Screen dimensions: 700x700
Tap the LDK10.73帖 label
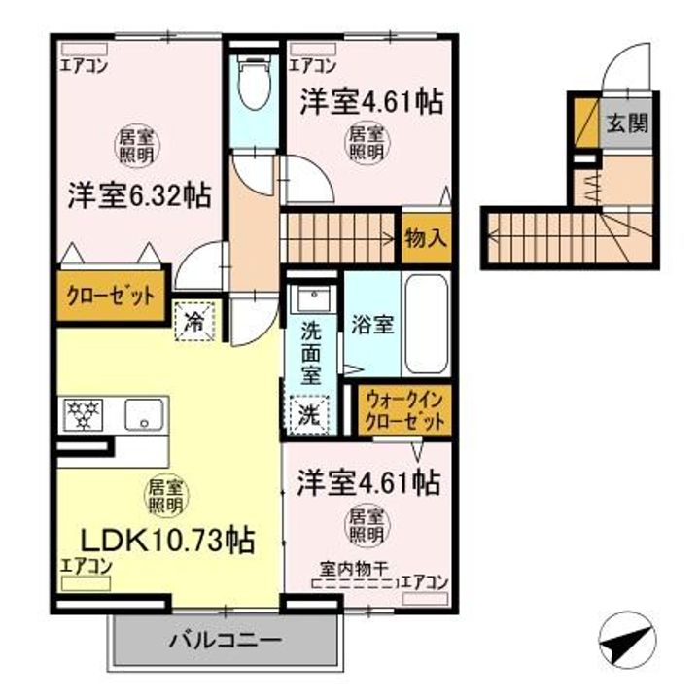[x=167, y=538]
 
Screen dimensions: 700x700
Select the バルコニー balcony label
[x=226, y=641]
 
